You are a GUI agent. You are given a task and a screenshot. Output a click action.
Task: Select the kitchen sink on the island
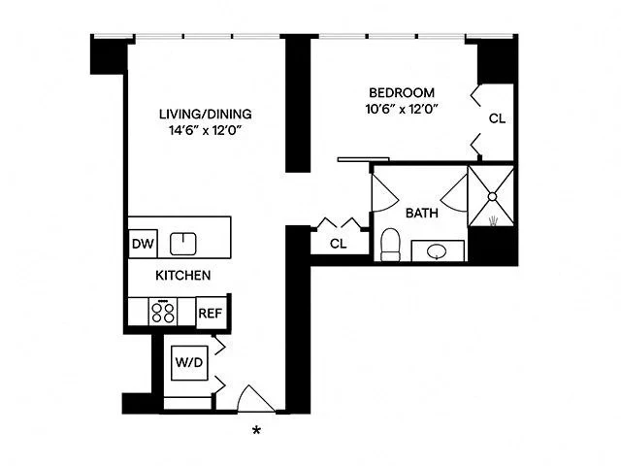click(182, 243)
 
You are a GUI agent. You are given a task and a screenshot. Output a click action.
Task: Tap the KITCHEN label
click(183, 276)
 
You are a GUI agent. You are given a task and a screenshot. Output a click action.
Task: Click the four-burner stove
click(163, 313)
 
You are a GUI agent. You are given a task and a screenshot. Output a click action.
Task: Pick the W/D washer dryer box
click(189, 363)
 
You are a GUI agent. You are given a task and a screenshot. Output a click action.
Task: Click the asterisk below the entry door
click(257, 430)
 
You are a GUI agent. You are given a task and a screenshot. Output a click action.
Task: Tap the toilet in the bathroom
click(390, 245)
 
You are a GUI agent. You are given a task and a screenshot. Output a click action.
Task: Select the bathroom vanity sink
click(437, 251)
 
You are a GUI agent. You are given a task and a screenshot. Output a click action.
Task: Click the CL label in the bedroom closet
click(497, 119)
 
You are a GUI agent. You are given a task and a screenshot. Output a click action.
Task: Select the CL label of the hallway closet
click(339, 244)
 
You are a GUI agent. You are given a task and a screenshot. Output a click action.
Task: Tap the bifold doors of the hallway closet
click(339, 225)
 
